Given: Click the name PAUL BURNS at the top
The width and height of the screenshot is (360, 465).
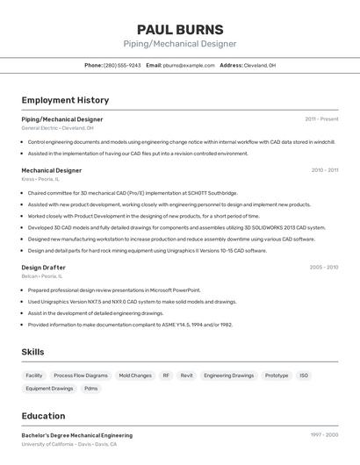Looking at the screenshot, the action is coord(179,29).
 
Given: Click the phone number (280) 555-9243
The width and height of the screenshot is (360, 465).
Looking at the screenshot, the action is coord(122,65).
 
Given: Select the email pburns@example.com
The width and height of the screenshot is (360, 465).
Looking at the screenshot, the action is coord(188,65).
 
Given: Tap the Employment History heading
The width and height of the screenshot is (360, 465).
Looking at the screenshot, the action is coord(65,100).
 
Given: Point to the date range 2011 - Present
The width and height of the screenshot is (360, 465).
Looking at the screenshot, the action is coord(321,118).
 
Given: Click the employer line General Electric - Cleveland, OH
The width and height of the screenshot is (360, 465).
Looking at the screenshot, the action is coord(57,128).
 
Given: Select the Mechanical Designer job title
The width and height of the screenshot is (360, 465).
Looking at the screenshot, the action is coord(51,170).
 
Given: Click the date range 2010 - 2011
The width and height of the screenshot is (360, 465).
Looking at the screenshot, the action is coord(324,170).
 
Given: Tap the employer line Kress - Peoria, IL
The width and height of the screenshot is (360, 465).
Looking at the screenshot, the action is coord(40,179).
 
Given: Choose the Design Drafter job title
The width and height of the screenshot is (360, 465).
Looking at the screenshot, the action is coord(43,267).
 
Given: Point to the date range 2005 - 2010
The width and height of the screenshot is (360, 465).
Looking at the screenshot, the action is coord(323,267).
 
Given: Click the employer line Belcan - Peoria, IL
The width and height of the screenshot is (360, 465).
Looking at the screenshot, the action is coord(42,275).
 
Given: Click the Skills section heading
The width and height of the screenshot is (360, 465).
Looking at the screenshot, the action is coord(32,351).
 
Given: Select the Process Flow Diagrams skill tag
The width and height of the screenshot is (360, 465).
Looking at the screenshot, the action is coord(81,376).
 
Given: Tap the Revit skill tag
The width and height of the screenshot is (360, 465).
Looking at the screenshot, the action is coord(186,376).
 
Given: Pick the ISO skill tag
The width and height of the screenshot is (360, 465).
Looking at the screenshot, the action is coord(304,376).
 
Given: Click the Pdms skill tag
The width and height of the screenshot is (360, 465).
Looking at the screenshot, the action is coord(91,389).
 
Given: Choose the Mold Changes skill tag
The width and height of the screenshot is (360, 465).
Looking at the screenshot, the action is coord(135,376).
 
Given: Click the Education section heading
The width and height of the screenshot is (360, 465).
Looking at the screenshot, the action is coord(43,416).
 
